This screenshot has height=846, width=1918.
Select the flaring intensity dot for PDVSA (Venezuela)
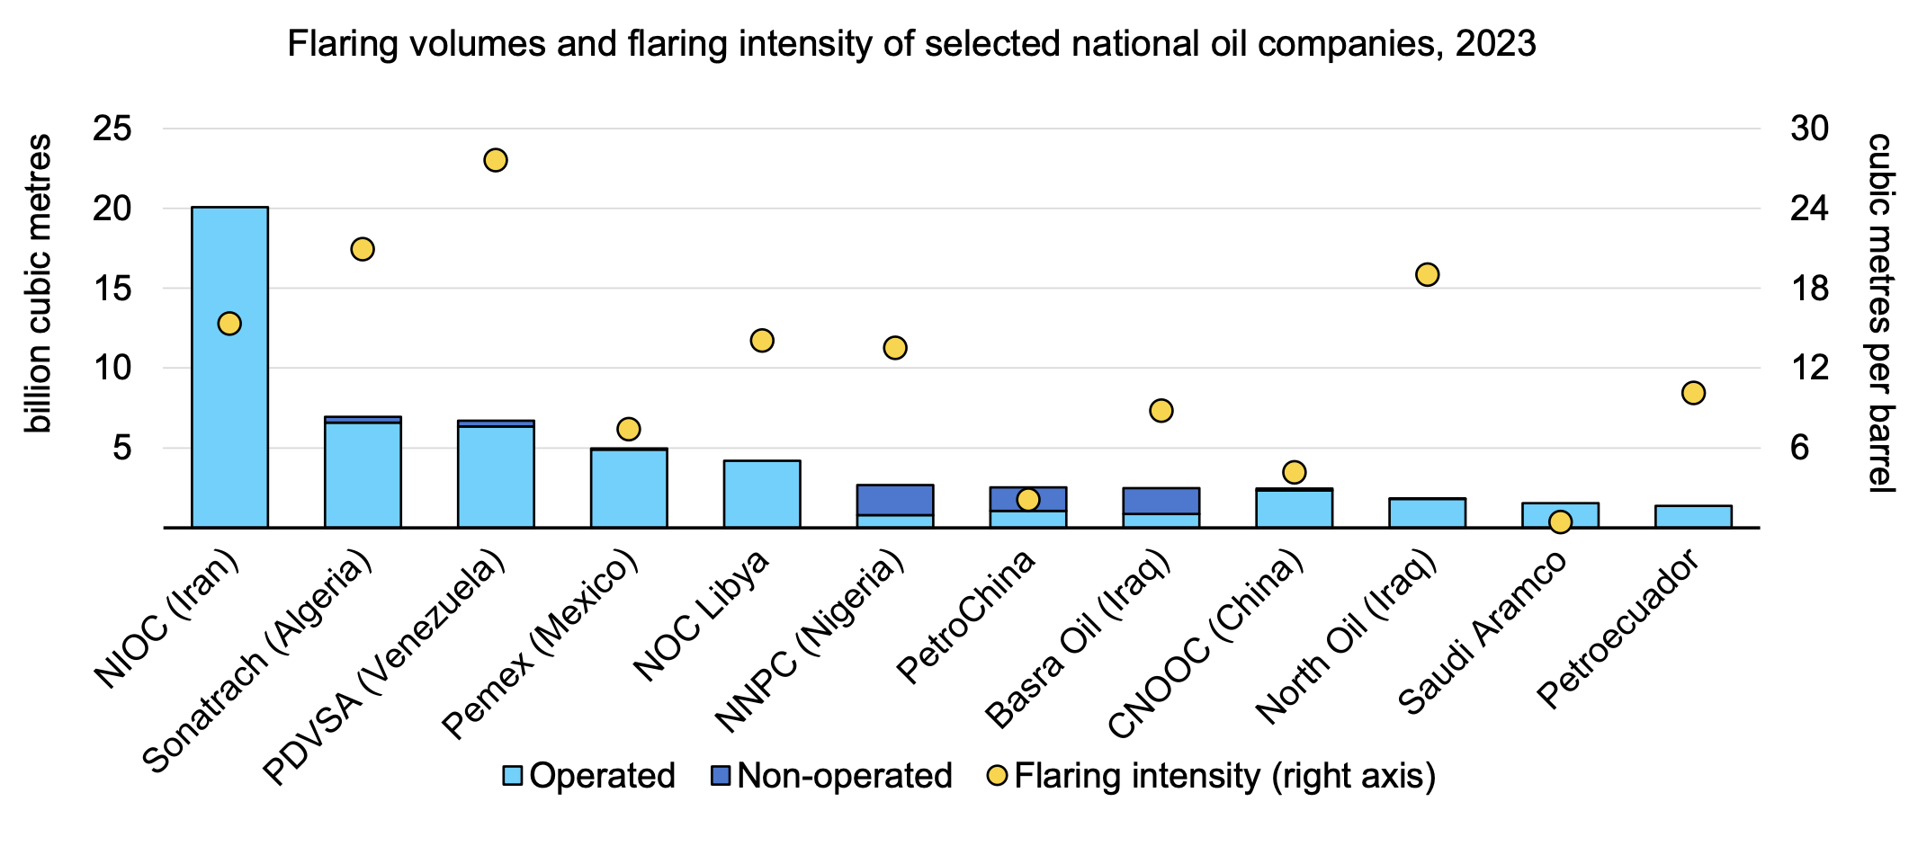point(496,160)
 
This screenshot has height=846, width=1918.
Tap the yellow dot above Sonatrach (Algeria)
point(363,249)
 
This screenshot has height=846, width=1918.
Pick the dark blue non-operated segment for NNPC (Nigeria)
point(894,500)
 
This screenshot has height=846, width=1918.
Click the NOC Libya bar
point(762,494)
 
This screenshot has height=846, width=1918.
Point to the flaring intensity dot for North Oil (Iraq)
point(1428,274)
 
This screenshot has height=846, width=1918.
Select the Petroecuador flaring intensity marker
point(1693,393)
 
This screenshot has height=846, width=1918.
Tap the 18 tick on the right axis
point(1809,289)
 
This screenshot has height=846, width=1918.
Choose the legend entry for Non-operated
point(843,776)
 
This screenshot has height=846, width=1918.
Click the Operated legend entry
point(601,776)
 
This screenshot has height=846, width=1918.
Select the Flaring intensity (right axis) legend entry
point(1223,776)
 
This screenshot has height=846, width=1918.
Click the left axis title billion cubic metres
point(38,283)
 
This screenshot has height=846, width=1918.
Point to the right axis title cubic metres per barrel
point(1880,312)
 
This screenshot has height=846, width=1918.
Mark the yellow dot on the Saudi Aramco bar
point(1560,521)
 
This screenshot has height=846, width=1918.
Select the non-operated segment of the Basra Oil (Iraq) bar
point(1161,501)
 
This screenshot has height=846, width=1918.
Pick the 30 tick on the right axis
point(1809,129)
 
